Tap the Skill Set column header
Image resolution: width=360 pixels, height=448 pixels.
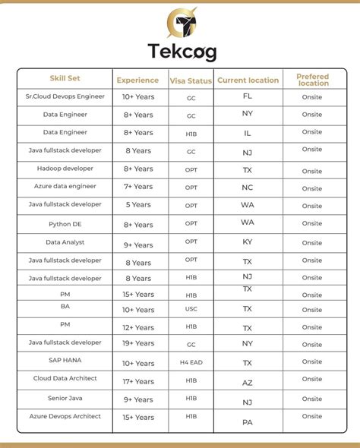pyautogui.click(x=65, y=78)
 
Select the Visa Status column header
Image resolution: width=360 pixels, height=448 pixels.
pyautogui.click(x=191, y=80)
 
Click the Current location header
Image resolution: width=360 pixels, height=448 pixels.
pyautogui.click(x=248, y=80)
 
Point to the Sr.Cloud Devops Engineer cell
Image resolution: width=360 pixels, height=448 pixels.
pyautogui.click(x=65, y=96)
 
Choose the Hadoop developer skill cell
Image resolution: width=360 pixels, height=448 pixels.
pyautogui.click(x=65, y=168)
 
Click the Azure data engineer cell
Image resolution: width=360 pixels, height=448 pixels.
pyautogui.click(x=65, y=185)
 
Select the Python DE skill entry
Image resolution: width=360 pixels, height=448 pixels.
pyautogui.click(x=65, y=224)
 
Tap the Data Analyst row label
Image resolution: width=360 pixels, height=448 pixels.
pyautogui.click(x=65, y=242)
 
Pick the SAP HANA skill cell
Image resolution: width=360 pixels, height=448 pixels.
pyautogui.click(x=65, y=360)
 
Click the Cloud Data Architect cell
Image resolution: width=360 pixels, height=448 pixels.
pyautogui.click(x=65, y=378)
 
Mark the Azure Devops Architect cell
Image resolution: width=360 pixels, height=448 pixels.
pyautogui.click(x=65, y=416)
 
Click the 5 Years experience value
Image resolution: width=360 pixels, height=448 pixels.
pyautogui.click(x=138, y=204)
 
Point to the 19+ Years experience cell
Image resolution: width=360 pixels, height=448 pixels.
pyautogui.click(x=138, y=343)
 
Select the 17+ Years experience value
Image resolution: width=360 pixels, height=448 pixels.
pyautogui.click(x=138, y=381)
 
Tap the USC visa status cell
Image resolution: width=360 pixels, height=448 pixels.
pyautogui.click(x=191, y=310)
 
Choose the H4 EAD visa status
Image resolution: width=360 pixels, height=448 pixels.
pyautogui.click(x=191, y=364)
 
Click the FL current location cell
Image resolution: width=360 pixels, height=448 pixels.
pyautogui.click(x=248, y=96)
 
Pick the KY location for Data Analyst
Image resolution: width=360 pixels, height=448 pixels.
pyautogui.click(x=248, y=241)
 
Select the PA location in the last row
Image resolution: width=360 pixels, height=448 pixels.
pyautogui.click(x=248, y=421)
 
